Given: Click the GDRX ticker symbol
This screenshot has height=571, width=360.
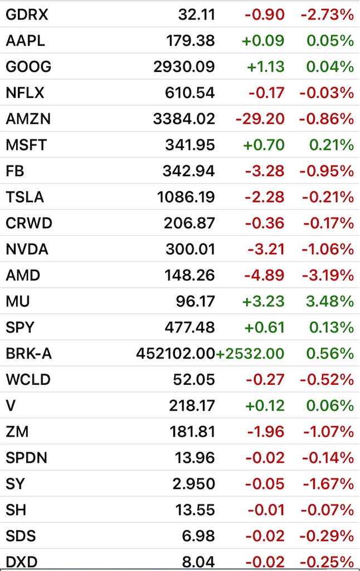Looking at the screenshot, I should point(27,14).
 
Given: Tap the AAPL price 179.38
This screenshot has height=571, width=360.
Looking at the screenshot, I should point(190,41).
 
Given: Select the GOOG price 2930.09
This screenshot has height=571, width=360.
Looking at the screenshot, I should point(184,67).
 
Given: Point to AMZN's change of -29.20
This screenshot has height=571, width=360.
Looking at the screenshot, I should point(260,119).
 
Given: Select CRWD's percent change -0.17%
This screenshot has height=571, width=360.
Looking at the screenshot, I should point(328,223).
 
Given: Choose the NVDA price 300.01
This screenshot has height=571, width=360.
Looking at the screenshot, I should point(190,249).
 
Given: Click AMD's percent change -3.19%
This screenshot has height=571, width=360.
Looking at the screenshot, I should point(328,275).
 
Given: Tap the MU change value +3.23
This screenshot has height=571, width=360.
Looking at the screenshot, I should point(263,302).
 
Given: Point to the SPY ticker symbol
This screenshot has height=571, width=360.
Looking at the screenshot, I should point(21,327).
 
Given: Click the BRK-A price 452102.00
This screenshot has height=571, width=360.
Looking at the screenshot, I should point(176,354).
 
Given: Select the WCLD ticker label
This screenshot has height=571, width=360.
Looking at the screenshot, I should point(28,380).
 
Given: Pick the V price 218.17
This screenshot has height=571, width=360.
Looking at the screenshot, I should point(192,406).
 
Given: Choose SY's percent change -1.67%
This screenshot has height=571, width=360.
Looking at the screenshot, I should point(328,484).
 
